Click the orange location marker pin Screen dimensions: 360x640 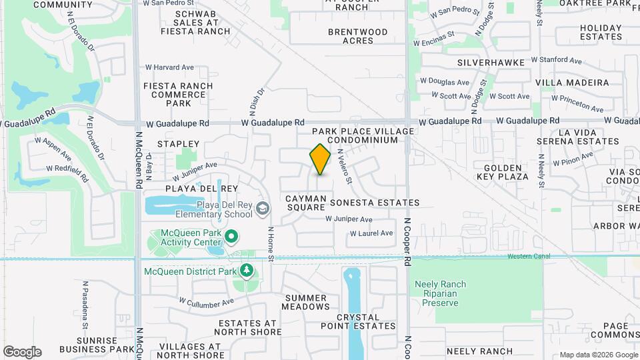pyautogui.click(x=321, y=159)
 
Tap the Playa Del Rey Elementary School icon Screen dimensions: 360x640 pyautogui.click(x=263, y=209)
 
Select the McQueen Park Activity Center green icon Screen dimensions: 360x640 pyautogui.click(x=231, y=236)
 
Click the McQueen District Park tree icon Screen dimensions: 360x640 pyautogui.click(x=247, y=270)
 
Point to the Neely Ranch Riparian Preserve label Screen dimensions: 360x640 pyautogui.click(x=441, y=293)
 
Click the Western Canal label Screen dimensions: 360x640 pyautogui.click(x=529, y=256)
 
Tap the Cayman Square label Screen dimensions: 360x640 pyautogui.click(x=306, y=203)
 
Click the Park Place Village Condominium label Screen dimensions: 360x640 pyautogui.click(x=363, y=136)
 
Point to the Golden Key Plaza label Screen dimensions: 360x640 pyautogui.click(x=506, y=172)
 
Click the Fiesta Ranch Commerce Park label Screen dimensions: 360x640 pyautogui.click(x=178, y=95)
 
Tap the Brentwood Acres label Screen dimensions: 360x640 pyautogui.click(x=358, y=36)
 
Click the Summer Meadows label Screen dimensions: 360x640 pyautogui.click(x=305, y=302)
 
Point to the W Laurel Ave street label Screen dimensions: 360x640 pyautogui.click(x=371, y=233)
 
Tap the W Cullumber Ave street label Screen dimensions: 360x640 pyautogui.click(x=206, y=302)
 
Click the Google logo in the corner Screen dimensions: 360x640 pyautogui.click(x=22, y=351)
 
